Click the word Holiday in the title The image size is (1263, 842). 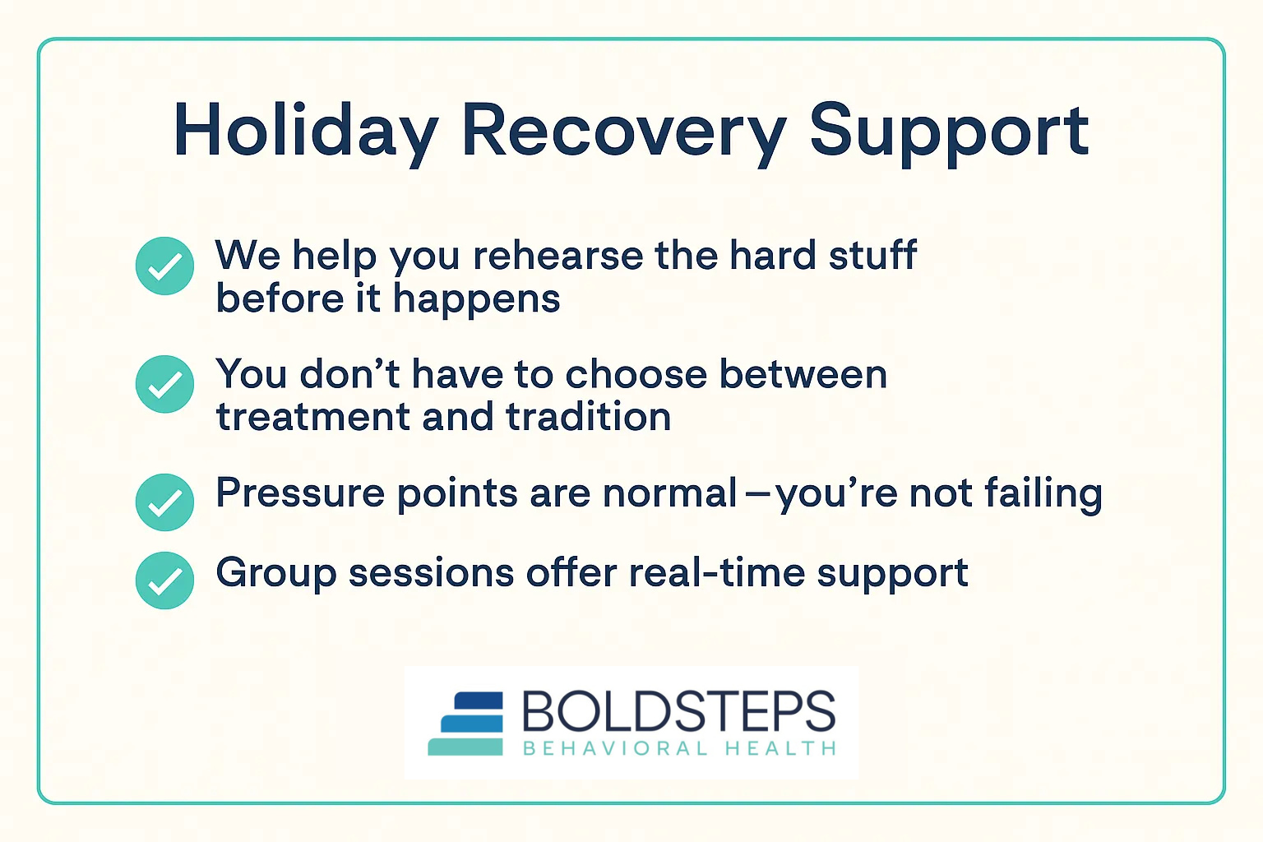click(305, 132)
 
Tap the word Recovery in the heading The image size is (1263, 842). click(623, 132)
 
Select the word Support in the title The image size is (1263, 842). click(949, 132)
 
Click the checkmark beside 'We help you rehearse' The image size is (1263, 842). click(164, 266)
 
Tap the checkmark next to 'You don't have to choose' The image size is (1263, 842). click(164, 384)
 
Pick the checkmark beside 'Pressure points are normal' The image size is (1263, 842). click(164, 502)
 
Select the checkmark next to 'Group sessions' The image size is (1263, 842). click(164, 581)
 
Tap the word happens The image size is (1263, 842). click(476, 299)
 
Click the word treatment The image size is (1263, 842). click(312, 417)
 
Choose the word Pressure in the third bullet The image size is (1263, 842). click(299, 493)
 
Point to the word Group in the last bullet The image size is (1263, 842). click(275, 573)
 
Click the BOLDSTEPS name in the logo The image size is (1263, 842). click(678, 711)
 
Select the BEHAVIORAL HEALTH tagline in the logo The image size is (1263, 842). click(679, 748)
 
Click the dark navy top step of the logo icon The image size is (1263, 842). click(478, 701)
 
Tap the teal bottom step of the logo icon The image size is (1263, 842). click(465, 747)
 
